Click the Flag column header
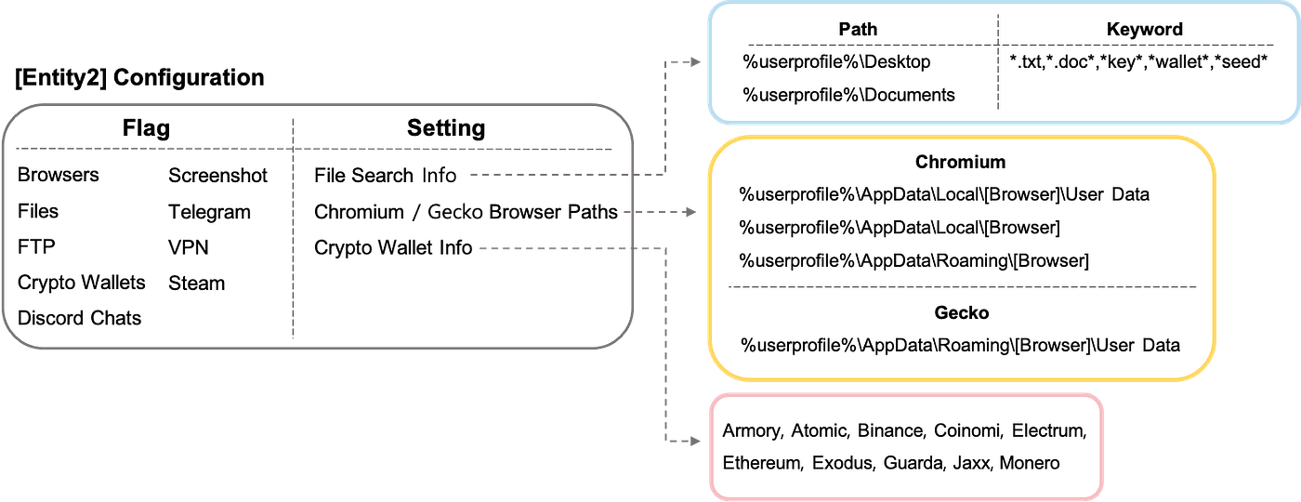146,128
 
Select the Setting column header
446,128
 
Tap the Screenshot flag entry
217,176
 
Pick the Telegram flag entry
210,212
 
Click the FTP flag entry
36,247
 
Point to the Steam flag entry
196,284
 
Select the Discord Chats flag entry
80,318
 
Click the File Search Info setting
385,176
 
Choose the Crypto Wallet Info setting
393,248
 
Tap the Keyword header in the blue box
1144,29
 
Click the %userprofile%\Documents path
848,95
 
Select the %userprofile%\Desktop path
836,61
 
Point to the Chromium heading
960,162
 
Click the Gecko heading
961,312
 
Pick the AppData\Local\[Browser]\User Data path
944,194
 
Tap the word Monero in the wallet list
1030,463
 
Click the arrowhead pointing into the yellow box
690,212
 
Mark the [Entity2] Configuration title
139,77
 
